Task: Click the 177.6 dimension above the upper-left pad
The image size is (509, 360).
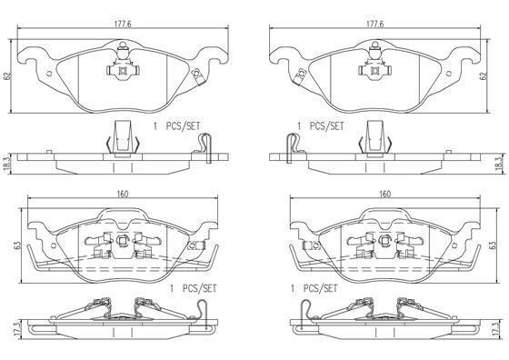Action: pyautogui.click(x=123, y=25)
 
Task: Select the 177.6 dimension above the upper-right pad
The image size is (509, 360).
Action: pyautogui.click(x=374, y=25)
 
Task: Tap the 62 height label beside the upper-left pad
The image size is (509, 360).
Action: pyautogui.click(x=8, y=76)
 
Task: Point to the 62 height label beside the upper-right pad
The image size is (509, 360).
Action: pyautogui.click(x=484, y=76)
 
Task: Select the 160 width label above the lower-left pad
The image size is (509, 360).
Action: pyautogui.click(x=123, y=195)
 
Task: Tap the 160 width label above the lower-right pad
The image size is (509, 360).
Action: pyautogui.click(x=385, y=195)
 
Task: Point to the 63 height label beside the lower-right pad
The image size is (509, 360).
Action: pyautogui.click(x=493, y=245)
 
